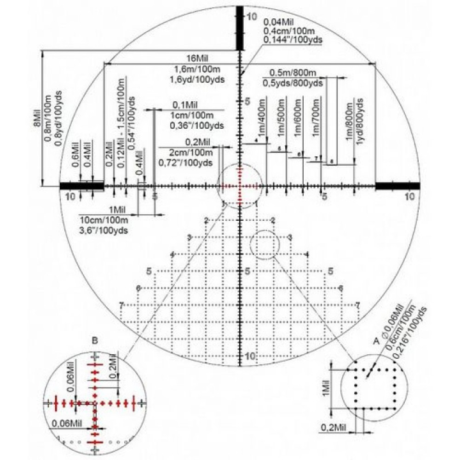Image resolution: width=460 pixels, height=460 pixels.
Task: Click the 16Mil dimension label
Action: coord(197,59)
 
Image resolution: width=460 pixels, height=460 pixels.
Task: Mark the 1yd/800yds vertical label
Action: coord(361,122)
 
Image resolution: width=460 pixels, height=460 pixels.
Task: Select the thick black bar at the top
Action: coord(239,29)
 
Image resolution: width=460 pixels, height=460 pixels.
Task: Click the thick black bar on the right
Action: coord(398,185)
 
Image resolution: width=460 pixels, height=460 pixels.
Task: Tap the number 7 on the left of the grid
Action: coord(121,305)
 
